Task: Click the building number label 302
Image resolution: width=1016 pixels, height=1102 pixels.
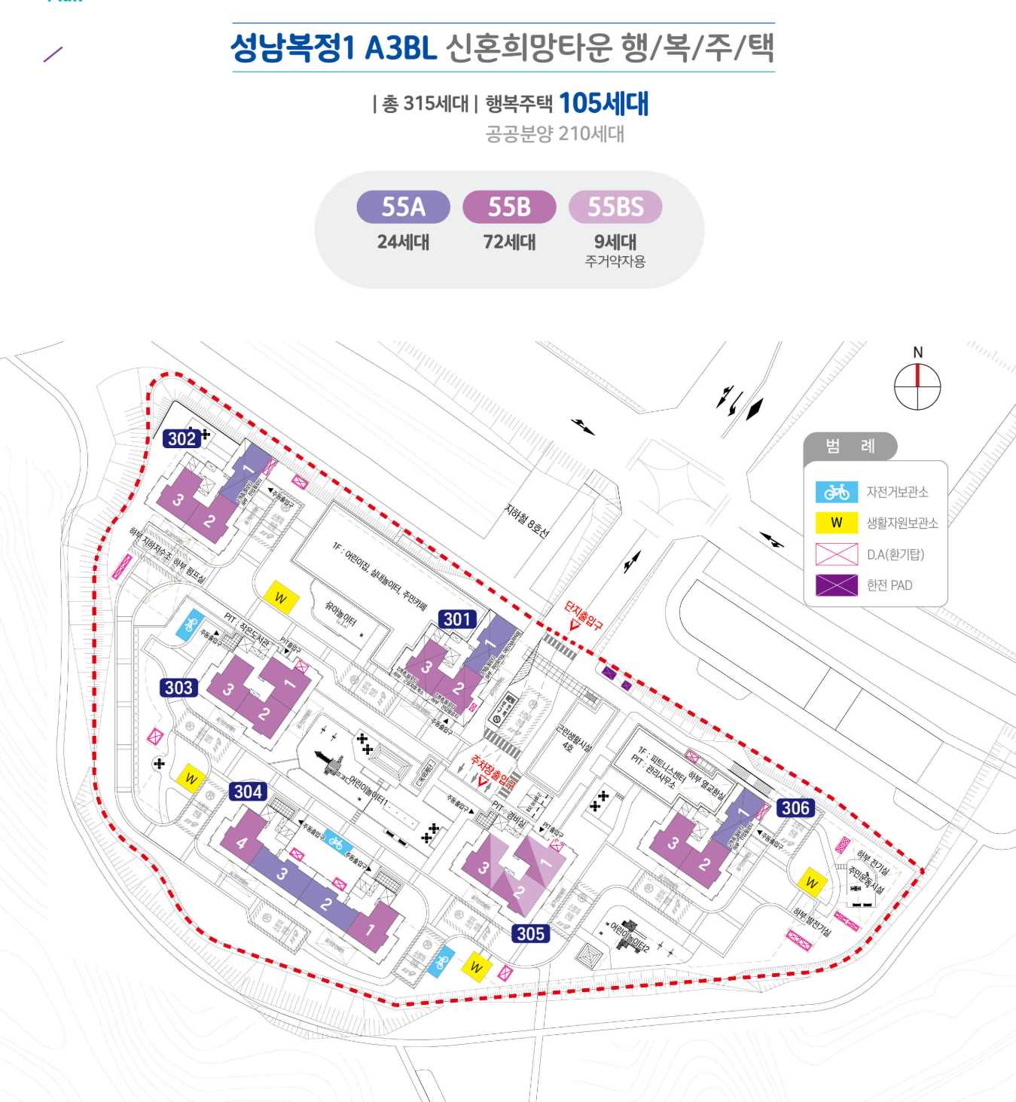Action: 182,438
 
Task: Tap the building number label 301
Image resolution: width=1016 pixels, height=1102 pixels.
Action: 457,619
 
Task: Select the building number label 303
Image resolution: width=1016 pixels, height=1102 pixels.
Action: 178,687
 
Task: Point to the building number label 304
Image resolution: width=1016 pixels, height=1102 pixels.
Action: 248,791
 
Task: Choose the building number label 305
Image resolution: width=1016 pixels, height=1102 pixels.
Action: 530,933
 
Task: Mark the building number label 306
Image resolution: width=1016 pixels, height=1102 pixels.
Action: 795,808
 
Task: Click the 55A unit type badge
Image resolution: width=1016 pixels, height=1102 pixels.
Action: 403,206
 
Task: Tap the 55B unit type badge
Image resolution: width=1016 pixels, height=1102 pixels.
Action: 509,206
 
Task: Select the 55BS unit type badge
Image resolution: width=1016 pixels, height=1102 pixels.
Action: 615,206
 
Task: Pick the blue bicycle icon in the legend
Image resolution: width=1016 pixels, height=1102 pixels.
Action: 836,492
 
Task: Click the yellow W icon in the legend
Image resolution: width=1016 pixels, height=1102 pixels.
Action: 836,523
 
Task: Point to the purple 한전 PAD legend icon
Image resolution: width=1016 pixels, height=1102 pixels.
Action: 836,585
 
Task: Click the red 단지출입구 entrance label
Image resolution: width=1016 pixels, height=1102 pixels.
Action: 584,614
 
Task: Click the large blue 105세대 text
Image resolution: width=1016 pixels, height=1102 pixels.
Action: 603,103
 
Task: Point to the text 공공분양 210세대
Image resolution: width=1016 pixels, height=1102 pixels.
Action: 554,134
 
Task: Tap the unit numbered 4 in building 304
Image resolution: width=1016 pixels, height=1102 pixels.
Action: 241,843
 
